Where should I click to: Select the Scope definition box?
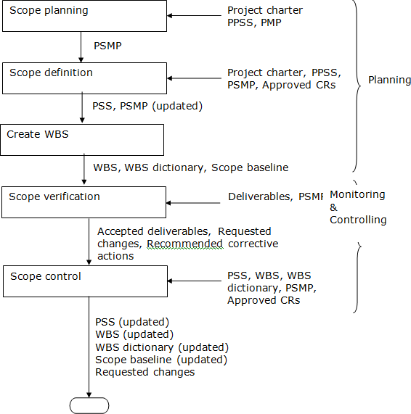84,78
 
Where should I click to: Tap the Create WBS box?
81,139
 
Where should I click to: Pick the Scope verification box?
84,202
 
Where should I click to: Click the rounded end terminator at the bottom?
89,405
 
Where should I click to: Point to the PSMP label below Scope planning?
108,45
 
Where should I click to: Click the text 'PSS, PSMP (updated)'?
147,106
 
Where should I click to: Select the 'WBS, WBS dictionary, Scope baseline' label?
190,167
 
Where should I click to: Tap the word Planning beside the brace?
389,80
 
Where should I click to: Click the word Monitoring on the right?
357,194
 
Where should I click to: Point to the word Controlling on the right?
358,219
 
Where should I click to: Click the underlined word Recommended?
184,244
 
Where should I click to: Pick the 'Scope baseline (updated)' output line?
161,359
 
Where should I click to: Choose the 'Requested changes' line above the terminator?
145,372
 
